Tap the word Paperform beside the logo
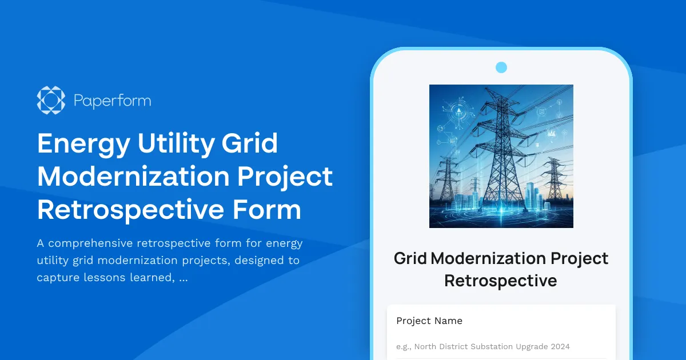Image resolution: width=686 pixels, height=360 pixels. tap(113, 101)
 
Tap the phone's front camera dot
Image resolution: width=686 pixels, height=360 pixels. tap(501, 67)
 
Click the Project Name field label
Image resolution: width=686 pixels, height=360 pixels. tap(429, 321)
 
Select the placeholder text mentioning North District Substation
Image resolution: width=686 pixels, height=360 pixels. tap(482, 346)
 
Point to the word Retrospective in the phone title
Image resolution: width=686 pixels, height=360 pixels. tap(501, 281)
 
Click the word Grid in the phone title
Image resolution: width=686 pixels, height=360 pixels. tap(410, 258)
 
